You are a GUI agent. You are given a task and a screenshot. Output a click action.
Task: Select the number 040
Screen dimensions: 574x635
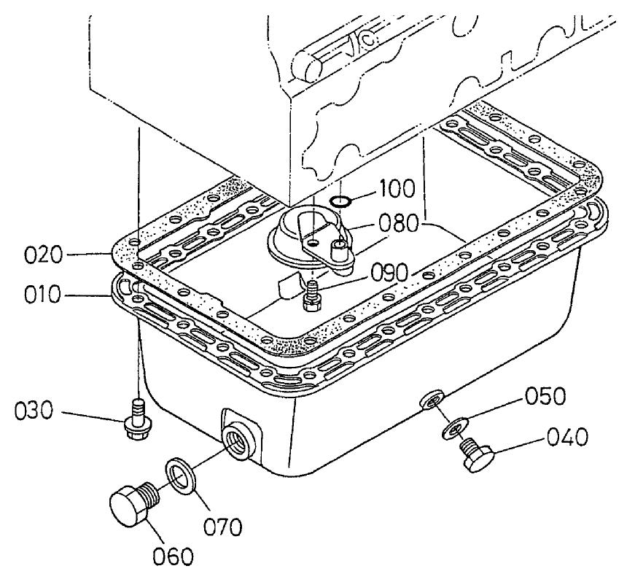[x=567, y=438]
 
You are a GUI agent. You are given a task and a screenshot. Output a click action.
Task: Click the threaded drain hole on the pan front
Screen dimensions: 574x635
[x=238, y=441]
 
